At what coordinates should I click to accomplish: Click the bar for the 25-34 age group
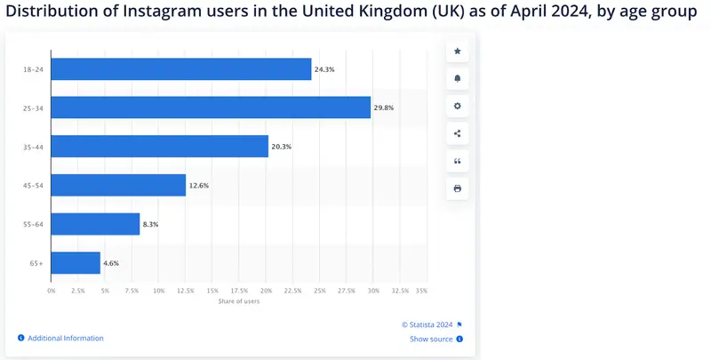click(211, 107)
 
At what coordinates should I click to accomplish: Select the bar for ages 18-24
click(181, 68)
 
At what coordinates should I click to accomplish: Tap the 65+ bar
click(76, 263)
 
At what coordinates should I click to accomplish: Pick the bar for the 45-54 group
click(118, 185)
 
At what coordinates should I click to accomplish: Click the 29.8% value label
click(383, 108)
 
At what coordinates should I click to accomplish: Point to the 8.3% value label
click(150, 224)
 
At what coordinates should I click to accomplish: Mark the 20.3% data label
click(281, 147)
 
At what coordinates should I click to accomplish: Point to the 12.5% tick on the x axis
click(186, 291)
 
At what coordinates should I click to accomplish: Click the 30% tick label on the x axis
click(373, 291)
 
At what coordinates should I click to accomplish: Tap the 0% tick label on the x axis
click(52, 291)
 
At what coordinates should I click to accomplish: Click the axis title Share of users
click(239, 302)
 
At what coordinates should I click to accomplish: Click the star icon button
click(458, 52)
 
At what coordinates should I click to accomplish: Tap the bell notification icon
click(458, 79)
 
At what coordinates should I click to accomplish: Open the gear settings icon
click(458, 107)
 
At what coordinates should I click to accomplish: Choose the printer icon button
click(458, 188)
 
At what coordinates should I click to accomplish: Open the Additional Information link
click(65, 339)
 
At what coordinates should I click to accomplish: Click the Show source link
click(431, 339)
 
